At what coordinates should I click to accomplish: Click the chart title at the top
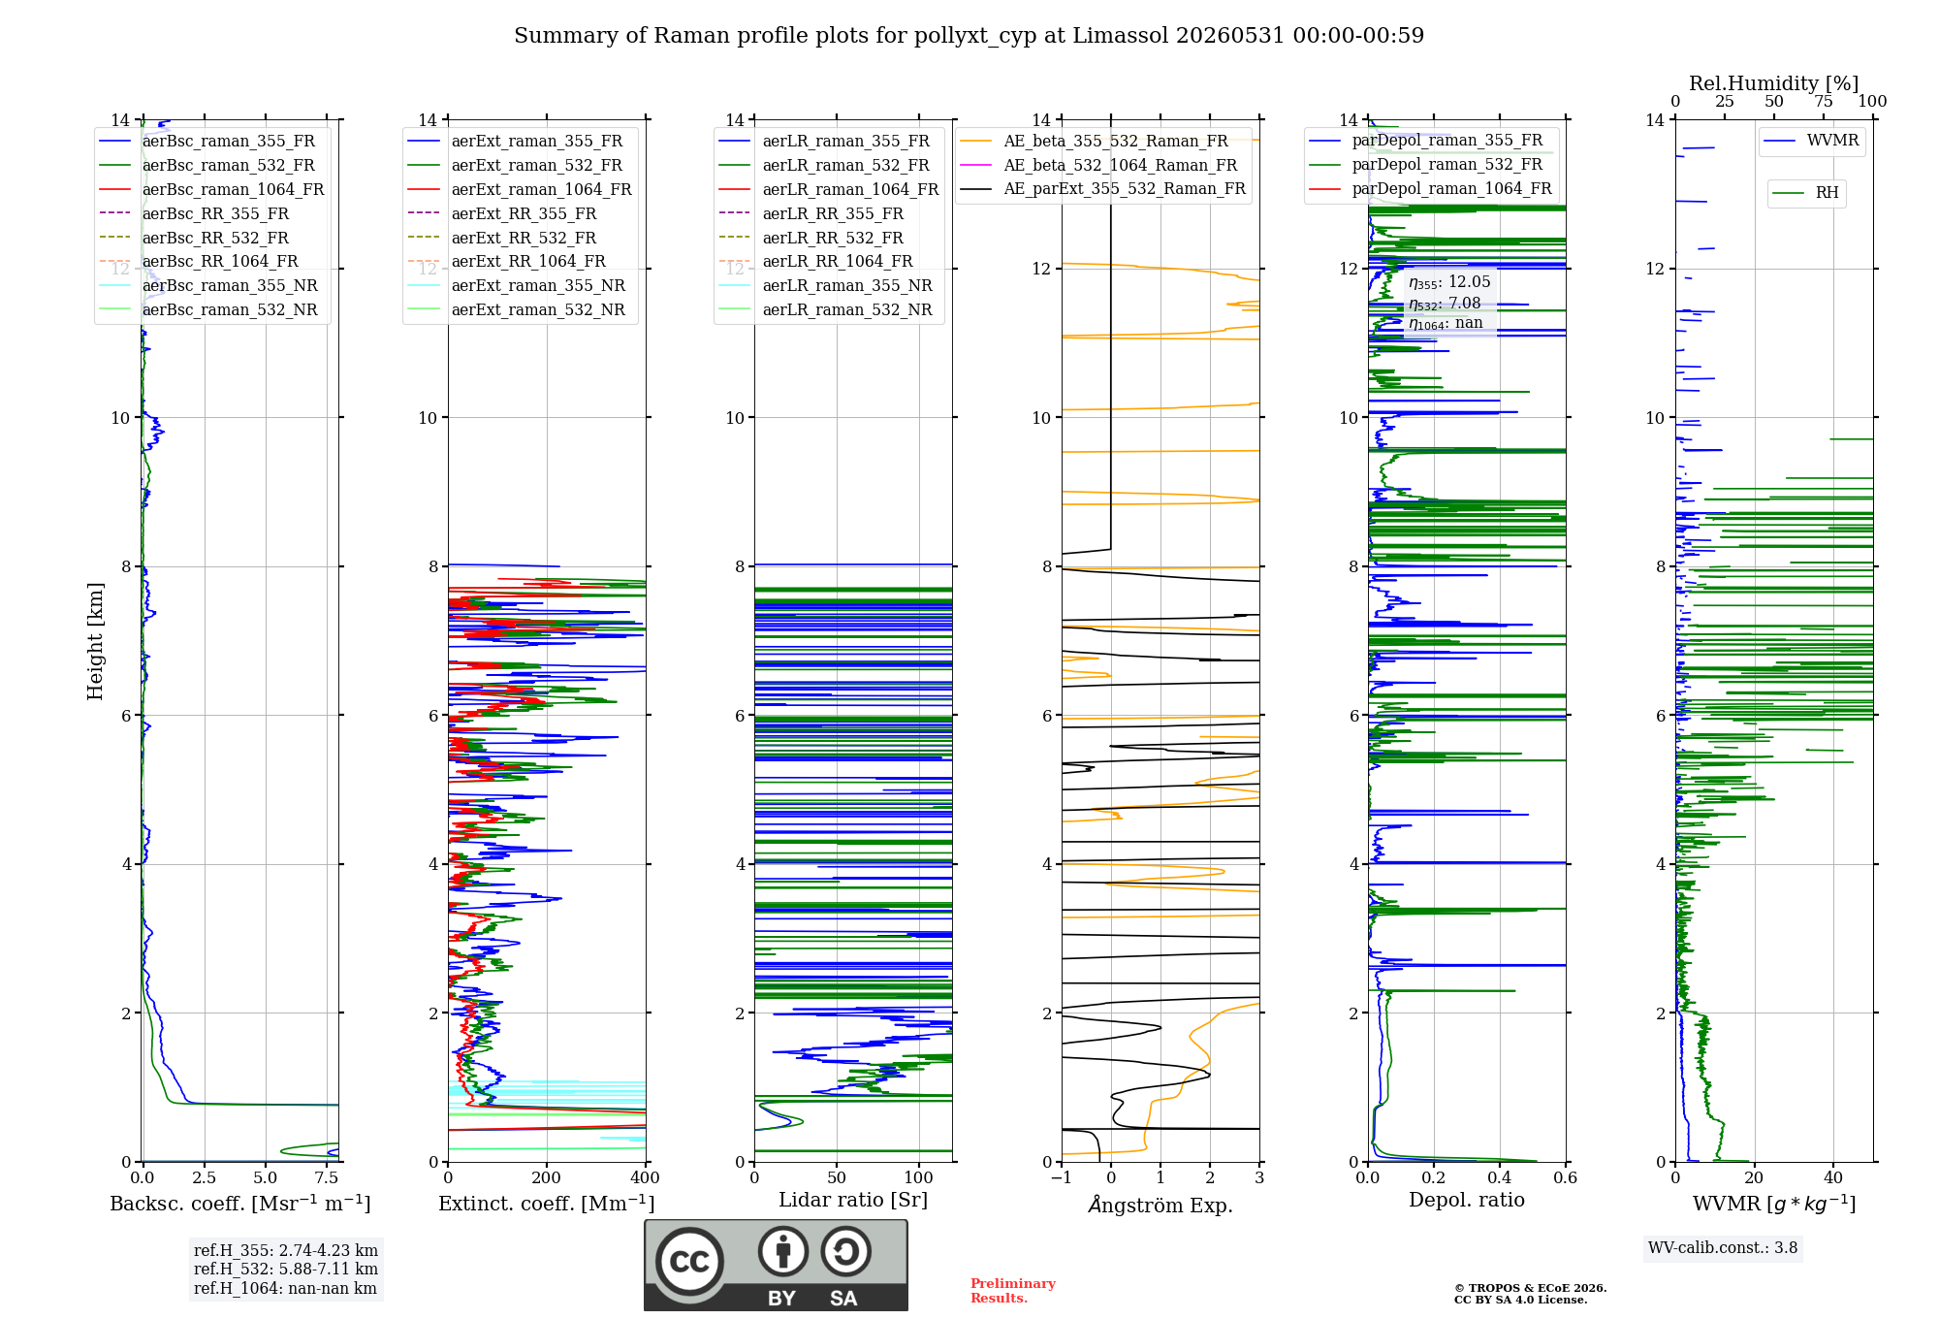point(969,36)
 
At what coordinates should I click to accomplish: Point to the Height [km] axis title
point(95,641)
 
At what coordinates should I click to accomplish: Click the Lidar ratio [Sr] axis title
point(853,1200)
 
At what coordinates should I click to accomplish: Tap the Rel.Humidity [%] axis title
point(1773,83)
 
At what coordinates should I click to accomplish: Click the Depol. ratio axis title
point(1467,1200)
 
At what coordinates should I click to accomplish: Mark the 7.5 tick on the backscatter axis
point(327,1177)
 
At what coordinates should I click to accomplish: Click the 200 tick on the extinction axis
point(547,1177)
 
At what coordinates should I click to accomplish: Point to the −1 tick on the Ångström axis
point(1061,1177)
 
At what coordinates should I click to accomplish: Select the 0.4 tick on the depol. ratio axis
point(1500,1177)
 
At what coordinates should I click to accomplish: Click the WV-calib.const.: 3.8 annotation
point(1723,1248)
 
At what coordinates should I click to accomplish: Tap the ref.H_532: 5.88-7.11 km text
point(286,1269)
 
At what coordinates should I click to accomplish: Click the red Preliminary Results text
point(1013,1291)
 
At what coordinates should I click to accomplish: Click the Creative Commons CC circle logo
point(689,1262)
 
